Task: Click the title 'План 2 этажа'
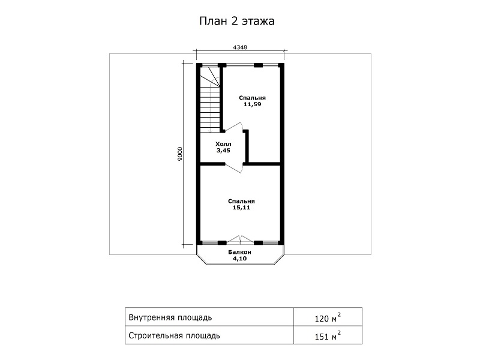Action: (x=237, y=21)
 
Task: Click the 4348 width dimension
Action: (x=240, y=47)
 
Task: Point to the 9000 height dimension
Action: (x=180, y=154)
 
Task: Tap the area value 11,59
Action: (x=252, y=104)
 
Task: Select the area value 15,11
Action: (x=241, y=208)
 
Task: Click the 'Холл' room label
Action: (x=223, y=144)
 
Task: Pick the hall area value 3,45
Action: (x=223, y=151)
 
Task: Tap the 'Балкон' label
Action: (x=239, y=252)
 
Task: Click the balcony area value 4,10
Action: (x=239, y=259)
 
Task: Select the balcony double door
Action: (x=241, y=239)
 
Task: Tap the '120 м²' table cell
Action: (x=328, y=317)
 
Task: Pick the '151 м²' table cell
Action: (x=328, y=335)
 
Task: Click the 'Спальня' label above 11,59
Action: (x=252, y=98)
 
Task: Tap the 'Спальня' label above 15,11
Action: (x=241, y=201)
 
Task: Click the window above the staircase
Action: (x=210, y=65)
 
